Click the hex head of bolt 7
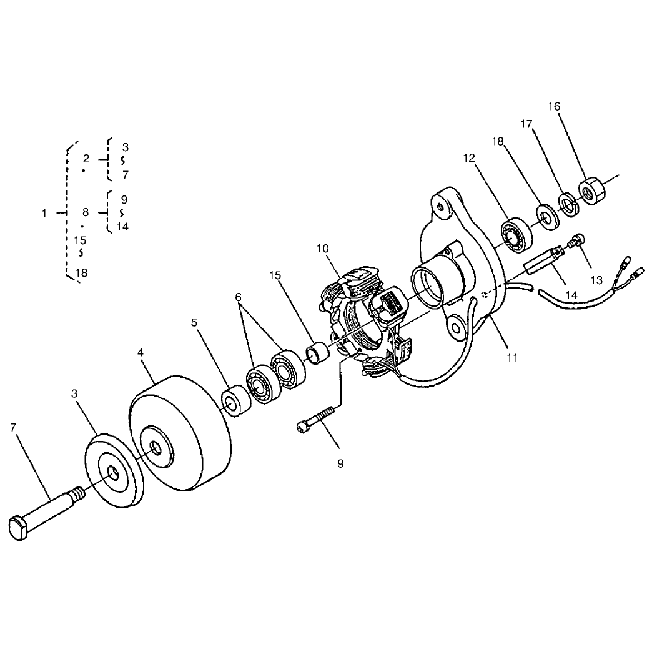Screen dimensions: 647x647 pyautogui.click(x=18, y=527)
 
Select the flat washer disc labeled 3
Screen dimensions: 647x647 pyautogui.click(x=114, y=471)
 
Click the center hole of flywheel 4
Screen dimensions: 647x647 pyautogui.click(x=155, y=448)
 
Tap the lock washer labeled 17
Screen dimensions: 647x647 pyautogui.click(x=570, y=204)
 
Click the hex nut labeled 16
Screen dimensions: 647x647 pyautogui.click(x=591, y=190)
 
